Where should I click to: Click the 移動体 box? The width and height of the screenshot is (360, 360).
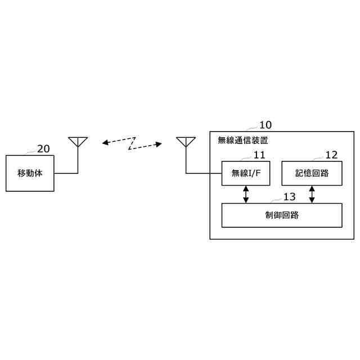coord(30,173)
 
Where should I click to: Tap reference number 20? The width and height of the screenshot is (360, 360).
coord(43,149)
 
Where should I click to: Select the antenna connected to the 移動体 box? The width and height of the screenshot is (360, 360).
coord(77,142)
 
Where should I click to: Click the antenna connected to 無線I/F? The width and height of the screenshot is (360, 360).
coord(185,142)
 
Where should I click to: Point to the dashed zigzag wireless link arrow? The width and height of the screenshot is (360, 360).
coord(132,143)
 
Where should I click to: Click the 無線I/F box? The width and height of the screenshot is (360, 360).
coord(246,173)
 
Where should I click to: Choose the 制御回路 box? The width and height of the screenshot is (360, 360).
coord(281,215)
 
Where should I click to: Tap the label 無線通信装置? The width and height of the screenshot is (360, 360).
coord(242,141)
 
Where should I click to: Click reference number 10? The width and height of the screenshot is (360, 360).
coord(265,125)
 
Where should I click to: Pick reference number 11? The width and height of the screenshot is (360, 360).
coord(259,155)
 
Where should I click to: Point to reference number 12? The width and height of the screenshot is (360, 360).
coord(331,155)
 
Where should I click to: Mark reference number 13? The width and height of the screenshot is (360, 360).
coord(289,197)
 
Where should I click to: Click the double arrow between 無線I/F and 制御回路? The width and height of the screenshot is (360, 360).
coord(246,194)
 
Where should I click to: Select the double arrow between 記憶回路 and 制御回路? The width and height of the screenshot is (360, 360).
coord(312,194)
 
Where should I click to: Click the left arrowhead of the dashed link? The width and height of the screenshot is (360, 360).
coord(105,143)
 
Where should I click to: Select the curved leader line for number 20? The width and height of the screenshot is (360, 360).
coord(31,152)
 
